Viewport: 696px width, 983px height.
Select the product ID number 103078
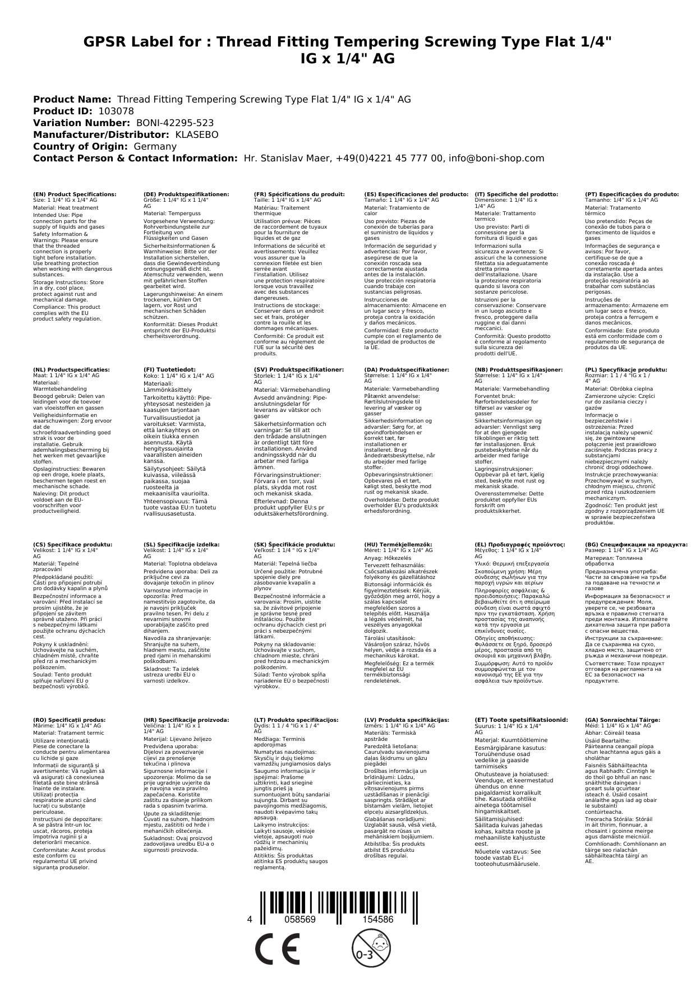pos(116,111)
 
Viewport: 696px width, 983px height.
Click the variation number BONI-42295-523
pos(175,123)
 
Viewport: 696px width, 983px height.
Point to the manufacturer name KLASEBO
pos(197,135)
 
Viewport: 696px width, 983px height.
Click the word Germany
pos(155,146)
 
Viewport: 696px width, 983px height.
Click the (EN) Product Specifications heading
pos(75,194)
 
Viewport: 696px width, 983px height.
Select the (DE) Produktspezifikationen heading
pos(186,194)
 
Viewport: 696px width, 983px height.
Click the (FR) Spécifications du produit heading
pos(299,194)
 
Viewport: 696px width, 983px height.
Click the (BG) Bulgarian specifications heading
pos(636,544)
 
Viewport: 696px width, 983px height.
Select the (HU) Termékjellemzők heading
pos(398,544)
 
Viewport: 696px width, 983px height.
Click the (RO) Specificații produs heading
pos(69,720)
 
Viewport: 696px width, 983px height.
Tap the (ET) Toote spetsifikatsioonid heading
pos(521,720)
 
